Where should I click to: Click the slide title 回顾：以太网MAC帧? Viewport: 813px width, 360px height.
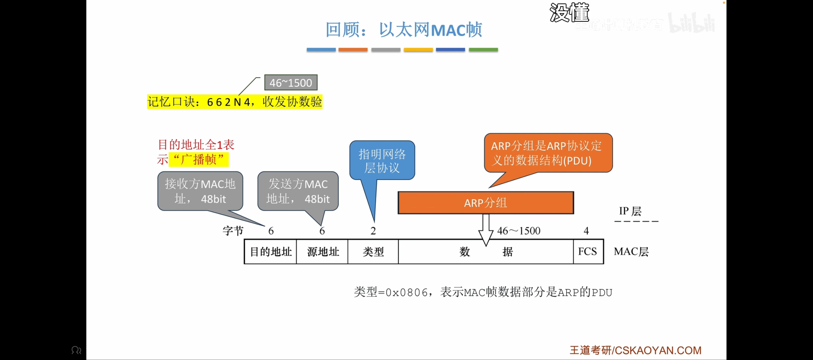click(404, 30)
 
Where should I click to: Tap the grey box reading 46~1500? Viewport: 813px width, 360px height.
click(291, 83)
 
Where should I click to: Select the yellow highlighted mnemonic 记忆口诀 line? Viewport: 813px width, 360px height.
click(234, 102)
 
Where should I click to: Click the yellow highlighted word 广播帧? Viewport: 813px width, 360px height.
click(199, 159)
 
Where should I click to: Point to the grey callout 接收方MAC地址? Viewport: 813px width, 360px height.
click(200, 191)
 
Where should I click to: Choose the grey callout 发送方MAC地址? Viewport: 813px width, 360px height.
click(298, 191)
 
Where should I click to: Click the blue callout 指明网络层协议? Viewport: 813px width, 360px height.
click(382, 161)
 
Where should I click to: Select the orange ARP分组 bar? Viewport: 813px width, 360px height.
click(485, 203)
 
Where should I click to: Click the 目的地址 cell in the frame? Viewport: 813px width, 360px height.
click(270, 251)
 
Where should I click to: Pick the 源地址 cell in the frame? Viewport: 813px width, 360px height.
click(322, 251)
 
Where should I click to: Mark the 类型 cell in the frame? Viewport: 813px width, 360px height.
click(373, 251)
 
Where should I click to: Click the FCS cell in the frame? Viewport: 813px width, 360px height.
click(588, 251)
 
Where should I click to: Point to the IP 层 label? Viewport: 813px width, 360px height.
click(630, 211)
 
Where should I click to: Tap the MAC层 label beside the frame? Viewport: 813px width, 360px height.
click(631, 251)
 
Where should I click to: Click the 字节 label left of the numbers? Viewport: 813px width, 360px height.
click(233, 231)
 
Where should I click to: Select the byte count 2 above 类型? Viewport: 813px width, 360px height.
click(373, 231)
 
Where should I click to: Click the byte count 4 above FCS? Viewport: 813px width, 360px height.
click(586, 231)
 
